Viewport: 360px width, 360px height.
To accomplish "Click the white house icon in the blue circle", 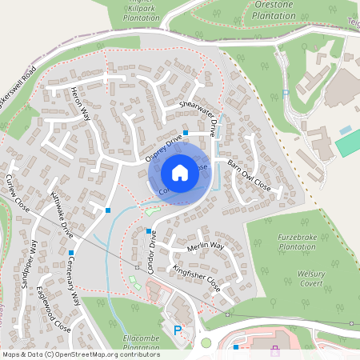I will (x=179, y=173).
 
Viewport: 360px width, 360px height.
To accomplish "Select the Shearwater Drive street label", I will (x=198, y=118).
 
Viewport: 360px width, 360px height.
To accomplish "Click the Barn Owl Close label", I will (x=250, y=174).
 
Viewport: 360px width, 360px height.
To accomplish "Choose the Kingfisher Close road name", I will (x=196, y=276).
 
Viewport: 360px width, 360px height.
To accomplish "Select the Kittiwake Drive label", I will (x=62, y=210).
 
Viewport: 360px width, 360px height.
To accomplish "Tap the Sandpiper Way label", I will (x=30, y=263).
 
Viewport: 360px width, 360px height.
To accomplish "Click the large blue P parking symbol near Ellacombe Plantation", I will (x=178, y=330).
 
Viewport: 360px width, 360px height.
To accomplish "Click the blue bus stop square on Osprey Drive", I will (x=186, y=133).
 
